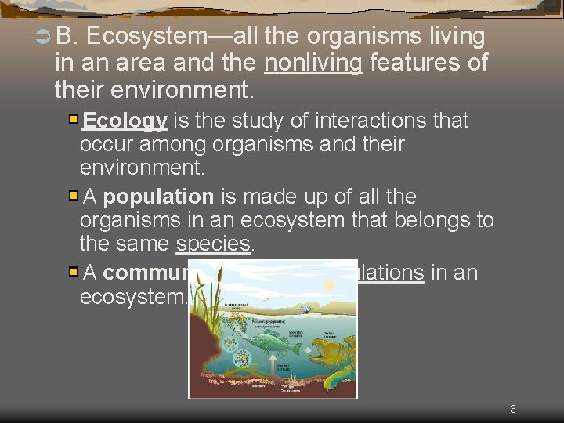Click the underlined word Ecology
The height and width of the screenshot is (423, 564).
[x=125, y=121]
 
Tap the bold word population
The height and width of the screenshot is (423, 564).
[x=158, y=197]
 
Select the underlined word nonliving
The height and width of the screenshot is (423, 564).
[x=313, y=62]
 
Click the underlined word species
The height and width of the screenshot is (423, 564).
[x=213, y=244]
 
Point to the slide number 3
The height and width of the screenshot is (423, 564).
[x=512, y=409]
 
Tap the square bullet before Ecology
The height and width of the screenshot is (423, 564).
[x=73, y=120]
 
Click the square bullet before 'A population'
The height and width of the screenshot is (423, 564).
[x=73, y=196]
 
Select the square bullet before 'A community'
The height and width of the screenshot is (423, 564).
[x=73, y=272]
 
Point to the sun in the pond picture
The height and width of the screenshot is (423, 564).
[x=330, y=286]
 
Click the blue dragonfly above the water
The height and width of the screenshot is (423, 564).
[x=307, y=309]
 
